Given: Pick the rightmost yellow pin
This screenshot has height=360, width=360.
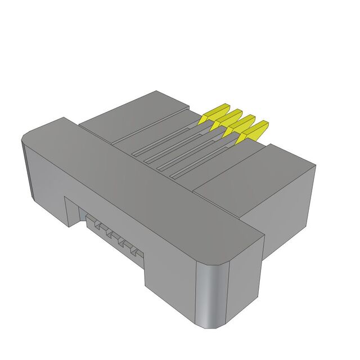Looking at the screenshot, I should coord(254,131).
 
